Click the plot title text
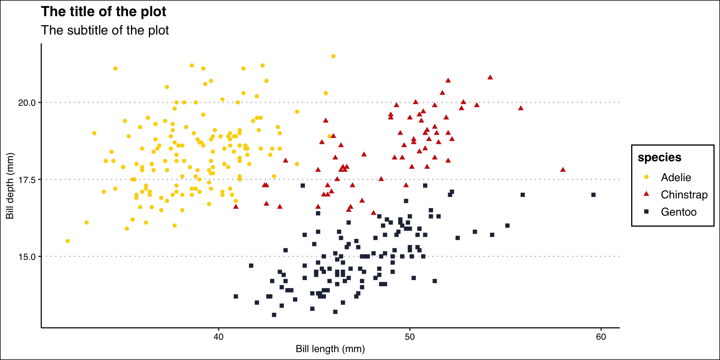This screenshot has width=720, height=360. (x=103, y=12)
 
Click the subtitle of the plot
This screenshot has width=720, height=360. (x=105, y=30)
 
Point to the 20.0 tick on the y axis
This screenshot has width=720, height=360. (x=27, y=103)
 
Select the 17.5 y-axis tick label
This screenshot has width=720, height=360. (x=27, y=180)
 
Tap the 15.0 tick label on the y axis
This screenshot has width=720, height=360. (x=27, y=257)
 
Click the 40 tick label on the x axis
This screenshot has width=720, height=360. (x=218, y=337)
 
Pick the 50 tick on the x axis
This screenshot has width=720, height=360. (x=409, y=337)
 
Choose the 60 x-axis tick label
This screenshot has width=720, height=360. (x=601, y=337)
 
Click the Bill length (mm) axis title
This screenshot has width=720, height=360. (x=330, y=349)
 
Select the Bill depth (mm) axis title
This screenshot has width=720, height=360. (x=10, y=186)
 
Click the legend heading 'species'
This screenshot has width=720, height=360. (x=659, y=157)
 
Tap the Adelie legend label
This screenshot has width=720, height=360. (x=676, y=177)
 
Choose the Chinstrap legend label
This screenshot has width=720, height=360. (x=684, y=195)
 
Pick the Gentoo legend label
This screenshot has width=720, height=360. (x=678, y=212)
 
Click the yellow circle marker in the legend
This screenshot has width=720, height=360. (x=646, y=177)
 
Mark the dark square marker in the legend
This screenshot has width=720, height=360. (x=646, y=211)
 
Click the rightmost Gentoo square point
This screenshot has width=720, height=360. (x=593, y=195)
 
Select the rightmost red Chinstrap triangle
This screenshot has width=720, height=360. (x=562, y=170)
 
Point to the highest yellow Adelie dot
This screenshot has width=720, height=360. (x=333, y=56)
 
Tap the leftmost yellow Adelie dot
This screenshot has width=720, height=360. (x=67, y=241)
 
